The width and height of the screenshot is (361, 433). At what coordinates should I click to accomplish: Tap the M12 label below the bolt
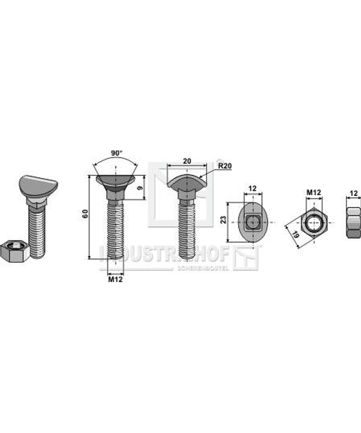click(115, 279)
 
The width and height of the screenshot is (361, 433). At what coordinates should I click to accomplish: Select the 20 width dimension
click(186, 161)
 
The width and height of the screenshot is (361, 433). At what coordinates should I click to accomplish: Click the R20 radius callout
click(224, 166)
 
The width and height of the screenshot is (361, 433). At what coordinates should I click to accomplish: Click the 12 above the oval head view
click(252, 189)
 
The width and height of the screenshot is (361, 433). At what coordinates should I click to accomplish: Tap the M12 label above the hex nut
click(313, 193)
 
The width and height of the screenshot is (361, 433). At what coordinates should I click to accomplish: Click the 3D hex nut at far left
click(15, 250)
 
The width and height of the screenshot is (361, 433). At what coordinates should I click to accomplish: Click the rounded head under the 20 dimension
click(187, 182)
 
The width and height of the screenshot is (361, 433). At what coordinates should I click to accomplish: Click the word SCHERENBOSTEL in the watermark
click(203, 268)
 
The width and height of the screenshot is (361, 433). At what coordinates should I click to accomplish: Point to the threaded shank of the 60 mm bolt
click(115, 229)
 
